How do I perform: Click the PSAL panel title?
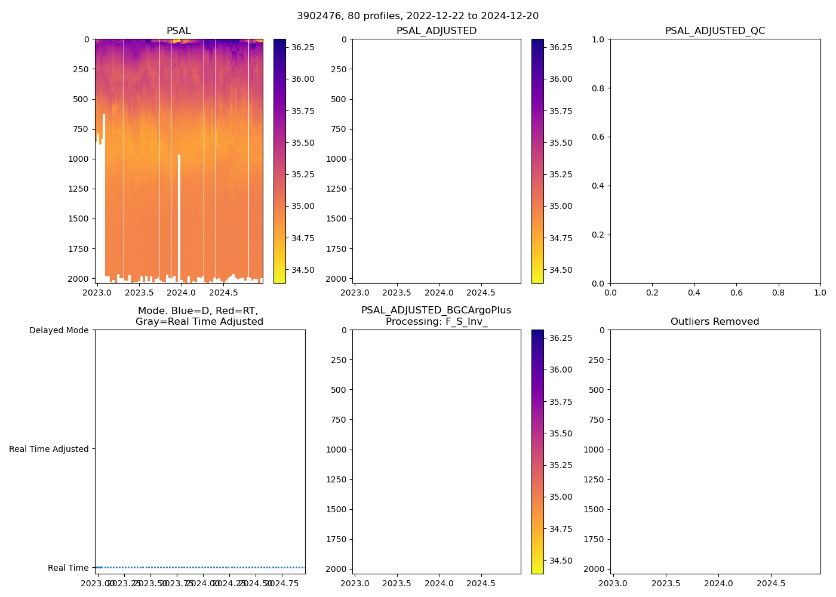tap(179, 31)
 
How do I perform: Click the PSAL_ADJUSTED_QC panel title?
tap(715, 31)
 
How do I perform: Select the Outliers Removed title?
tap(715, 322)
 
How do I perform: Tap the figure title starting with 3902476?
tap(417, 16)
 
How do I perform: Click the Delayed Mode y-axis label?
tap(59, 330)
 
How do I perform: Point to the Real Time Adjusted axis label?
tap(48, 449)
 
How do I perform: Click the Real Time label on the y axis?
tap(68, 568)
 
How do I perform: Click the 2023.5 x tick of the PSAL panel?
tap(139, 293)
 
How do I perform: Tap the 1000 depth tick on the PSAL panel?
tap(78, 159)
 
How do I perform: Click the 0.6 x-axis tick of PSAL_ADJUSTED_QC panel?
tap(736, 293)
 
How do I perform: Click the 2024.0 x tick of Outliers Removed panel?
tap(718, 583)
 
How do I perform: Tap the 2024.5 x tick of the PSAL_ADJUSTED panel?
tap(481, 293)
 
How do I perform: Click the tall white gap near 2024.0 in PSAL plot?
tap(179, 215)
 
